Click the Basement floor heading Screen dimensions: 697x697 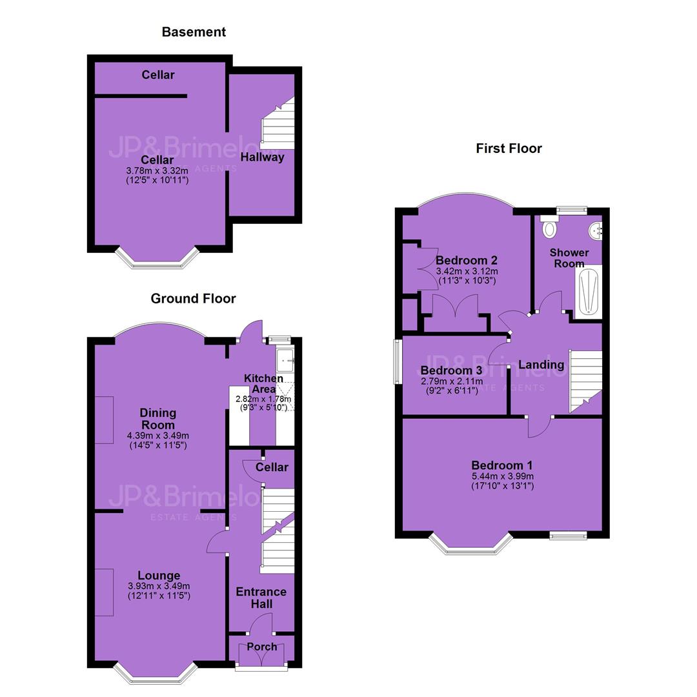point(194,32)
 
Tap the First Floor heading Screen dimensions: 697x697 point(509,148)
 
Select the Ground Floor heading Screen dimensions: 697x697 point(194,298)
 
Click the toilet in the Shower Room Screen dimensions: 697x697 point(550,227)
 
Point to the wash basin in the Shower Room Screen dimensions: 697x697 point(596,230)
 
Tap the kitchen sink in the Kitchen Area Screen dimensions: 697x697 point(285,359)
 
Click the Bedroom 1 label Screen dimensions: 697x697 point(502,465)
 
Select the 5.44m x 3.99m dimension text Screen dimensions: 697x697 point(503,476)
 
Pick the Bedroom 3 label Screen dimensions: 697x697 point(451,370)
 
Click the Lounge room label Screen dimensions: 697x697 point(159,576)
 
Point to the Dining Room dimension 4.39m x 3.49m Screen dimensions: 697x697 point(158,436)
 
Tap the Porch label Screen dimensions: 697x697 point(262,647)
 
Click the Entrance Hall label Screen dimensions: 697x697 point(261,598)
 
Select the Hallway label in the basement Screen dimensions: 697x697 point(262,157)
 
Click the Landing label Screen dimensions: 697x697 point(541,365)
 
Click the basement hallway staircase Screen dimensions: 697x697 point(278,123)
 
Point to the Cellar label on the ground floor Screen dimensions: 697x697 point(272,467)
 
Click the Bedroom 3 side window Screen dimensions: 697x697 point(397,362)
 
